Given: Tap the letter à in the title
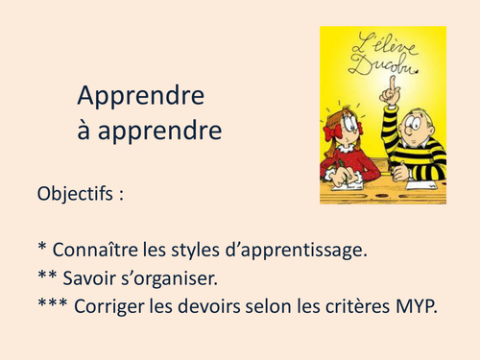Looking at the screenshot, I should pyautogui.click(x=84, y=129).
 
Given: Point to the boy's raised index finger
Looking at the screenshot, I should pyautogui.click(x=391, y=87).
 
